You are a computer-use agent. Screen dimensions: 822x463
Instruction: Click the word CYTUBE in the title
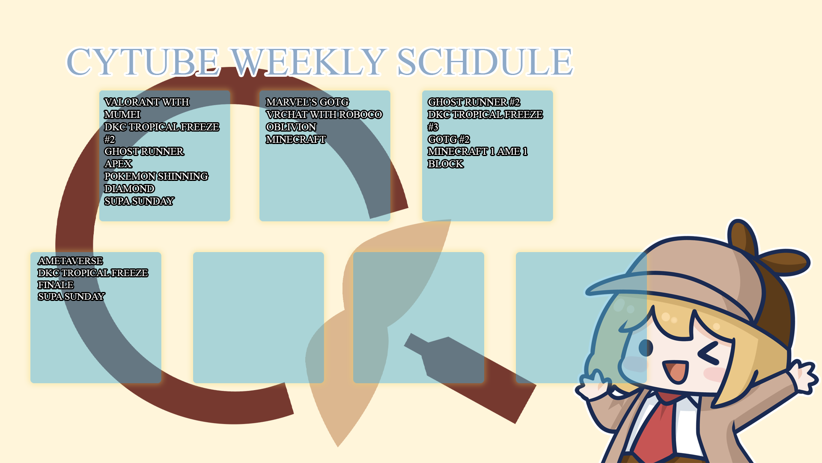pyautogui.click(x=143, y=62)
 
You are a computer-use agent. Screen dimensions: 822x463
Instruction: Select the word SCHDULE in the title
pyautogui.click(x=485, y=62)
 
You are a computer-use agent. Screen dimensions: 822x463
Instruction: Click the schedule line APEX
pyautogui.click(x=118, y=164)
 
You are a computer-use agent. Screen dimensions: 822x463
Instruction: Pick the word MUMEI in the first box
pyautogui.click(x=122, y=114)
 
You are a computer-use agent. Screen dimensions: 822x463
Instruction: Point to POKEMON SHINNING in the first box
pyautogui.click(x=156, y=176)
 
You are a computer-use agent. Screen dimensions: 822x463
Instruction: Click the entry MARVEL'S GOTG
pyautogui.click(x=307, y=102)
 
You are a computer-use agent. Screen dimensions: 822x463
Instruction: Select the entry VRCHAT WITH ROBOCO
pyautogui.click(x=324, y=114)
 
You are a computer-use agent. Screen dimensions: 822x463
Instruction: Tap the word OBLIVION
pyautogui.click(x=291, y=127)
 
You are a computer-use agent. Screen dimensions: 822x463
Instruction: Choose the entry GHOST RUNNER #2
pyautogui.click(x=474, y=102)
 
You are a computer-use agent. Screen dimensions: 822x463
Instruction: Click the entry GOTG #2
pyautogui.click(x=449, y=139)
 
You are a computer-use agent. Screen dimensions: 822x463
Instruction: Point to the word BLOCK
pyautogui.click(x=446, y=164)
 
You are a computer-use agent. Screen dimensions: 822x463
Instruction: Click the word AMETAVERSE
pyautogui.click(x=70, y=261)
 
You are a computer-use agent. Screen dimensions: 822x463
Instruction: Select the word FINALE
pyautogui.click(x=56, y=285)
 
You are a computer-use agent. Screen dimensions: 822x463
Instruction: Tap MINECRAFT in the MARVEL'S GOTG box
pyautogui.click(x=296, y=139)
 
